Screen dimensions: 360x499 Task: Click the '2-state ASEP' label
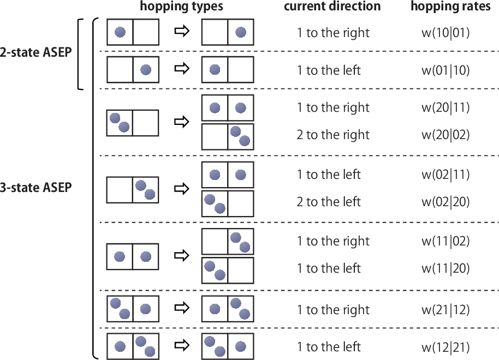[x=36, y=54]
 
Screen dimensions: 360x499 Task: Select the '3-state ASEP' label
[x=36, y=188]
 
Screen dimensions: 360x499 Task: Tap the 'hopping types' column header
[x=181, y=7]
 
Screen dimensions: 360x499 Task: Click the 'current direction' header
[x=332, y=7]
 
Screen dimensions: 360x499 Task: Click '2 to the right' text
[x=333, y=135]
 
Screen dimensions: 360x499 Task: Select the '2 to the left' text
[x=329, y=202]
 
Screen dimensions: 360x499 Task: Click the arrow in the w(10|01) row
[x=181, y=32]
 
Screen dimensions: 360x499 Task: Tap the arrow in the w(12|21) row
[x=181, y=346]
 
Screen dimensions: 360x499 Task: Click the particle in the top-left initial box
[x=120, y=32]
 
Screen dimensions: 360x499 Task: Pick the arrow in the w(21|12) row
[x=181, y=308]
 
